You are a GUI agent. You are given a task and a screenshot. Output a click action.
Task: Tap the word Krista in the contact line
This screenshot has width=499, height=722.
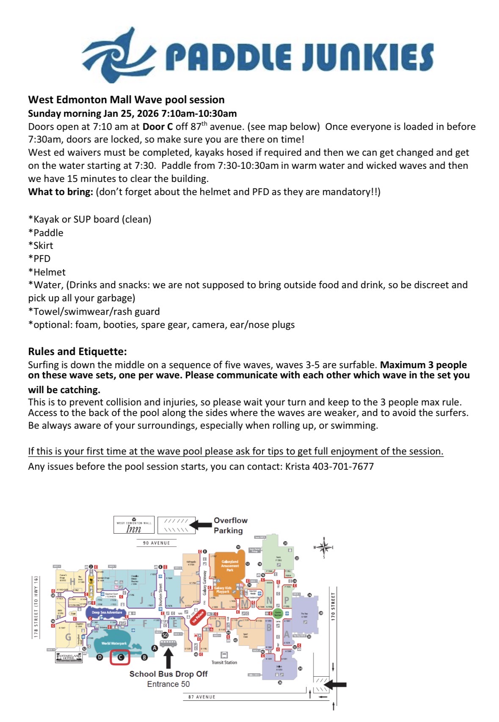coord(297,466)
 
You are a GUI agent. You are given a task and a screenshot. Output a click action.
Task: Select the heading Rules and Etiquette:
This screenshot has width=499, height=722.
coord(77,351)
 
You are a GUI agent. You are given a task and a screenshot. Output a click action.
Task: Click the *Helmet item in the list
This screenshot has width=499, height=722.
coord(47,272)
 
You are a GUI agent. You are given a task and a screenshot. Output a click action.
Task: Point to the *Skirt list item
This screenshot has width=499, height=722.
coord(41,245)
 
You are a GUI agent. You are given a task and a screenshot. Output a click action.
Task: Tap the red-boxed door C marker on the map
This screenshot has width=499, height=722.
coord(120,657)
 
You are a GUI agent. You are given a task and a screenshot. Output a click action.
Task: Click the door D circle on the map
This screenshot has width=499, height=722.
coord(100,657)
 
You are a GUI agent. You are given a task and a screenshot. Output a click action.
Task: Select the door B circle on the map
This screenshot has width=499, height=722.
coord(144,657)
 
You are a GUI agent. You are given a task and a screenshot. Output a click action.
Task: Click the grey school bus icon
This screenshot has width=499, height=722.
coord(168,644)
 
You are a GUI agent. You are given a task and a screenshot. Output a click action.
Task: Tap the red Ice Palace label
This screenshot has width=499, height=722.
coord(198,617)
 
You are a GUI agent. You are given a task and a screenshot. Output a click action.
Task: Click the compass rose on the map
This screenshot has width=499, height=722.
coord(324,548)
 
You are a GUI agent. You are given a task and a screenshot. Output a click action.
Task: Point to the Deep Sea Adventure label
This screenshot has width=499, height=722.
coord(107,612)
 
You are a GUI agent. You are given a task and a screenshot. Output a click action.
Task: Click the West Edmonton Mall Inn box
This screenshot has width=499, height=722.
coord(134,525)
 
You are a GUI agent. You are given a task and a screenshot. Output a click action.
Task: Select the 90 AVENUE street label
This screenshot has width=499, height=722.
coord(156,543)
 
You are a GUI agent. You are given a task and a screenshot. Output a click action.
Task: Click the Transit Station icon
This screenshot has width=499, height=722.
coord(224,655)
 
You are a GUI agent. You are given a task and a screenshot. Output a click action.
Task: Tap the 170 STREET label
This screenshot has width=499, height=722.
coord(333,606)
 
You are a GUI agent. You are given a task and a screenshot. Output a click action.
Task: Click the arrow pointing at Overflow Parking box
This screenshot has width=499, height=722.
coord(201,525)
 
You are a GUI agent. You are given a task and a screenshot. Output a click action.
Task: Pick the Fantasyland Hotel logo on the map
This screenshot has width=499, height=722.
coord(69,657)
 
